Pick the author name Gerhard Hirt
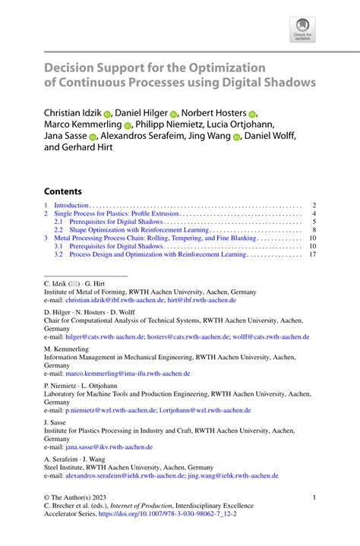click(90, 150)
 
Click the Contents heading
click(62, 191)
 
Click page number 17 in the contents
click(311, 255)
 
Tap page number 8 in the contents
click(314, 229)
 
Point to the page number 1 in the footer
click(314, 497)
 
